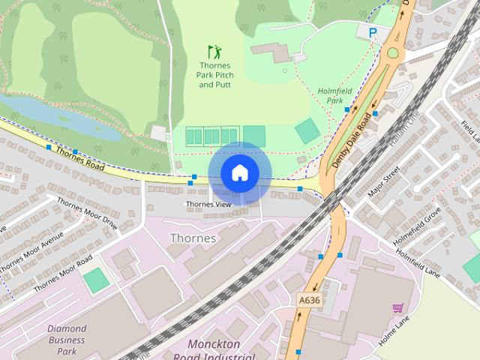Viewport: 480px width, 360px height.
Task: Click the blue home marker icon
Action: click(x=238, y=173)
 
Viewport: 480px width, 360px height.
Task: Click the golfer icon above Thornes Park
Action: click(x=214, y=52)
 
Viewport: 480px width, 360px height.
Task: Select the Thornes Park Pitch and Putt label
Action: click(x=214, y=74)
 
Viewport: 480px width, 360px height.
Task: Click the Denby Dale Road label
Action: click(x=352, y=138)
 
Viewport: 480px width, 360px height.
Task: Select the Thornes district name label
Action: click(x=193, y=238)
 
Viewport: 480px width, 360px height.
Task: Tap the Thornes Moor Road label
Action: click(x=62, y=273)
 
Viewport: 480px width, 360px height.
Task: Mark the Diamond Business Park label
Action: click(x=67, y=340)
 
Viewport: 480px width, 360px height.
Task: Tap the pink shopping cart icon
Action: click(x=397, y=307)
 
